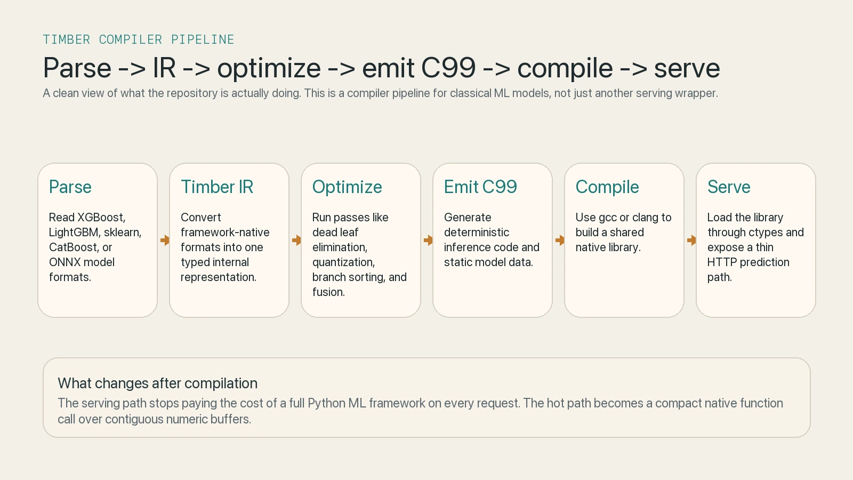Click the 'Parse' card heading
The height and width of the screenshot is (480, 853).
[x=70, y=187]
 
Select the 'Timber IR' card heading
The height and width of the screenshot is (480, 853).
[x=217, y=187]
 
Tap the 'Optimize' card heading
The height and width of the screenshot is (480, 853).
[x=347, y=187]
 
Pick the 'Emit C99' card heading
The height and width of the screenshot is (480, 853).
[x=480, y=187]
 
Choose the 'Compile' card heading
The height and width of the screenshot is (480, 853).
[x=607, y=187]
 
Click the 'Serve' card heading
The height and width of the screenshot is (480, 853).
[x=729, y=187]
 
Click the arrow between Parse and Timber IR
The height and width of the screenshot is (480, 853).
[x=165, y=241]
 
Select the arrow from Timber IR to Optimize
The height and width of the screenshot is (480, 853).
[x=296, y=241]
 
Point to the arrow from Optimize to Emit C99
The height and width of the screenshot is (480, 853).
[x=428, y=241]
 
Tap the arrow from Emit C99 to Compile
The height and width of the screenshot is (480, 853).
[x=560, y=241]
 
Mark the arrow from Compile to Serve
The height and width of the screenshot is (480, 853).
[x=691, y=241]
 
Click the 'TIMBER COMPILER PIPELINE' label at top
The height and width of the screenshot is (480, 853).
[x=139, y=40]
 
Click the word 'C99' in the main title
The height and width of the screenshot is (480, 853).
[x=448, y=68]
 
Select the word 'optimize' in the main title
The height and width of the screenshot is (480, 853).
[x=269, y=68]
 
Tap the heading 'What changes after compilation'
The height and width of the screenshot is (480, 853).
[x=157, y=383]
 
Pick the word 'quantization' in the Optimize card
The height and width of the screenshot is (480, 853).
[x=343, y=262]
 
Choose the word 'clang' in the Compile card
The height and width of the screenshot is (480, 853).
[x=645, y=218]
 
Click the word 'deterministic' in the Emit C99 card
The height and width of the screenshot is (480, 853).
[x=477, y=233]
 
